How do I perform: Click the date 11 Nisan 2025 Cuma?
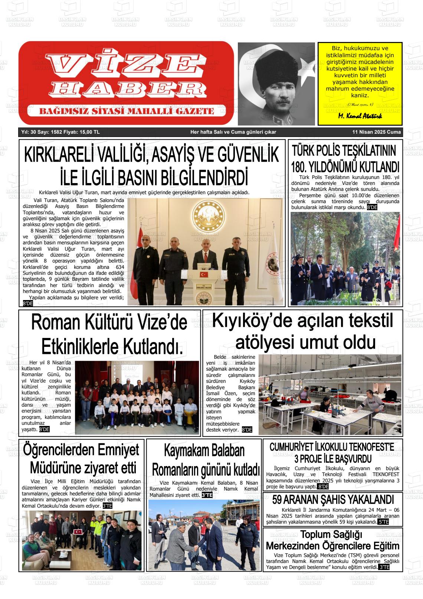pyautogui.click(x=377, y=132)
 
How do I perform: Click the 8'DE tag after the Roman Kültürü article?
pyautogui.click(x=44, y=429)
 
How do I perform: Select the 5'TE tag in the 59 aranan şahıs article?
pyautogui.click(x=383, y=522)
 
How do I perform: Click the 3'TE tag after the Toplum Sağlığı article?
pyautogui.click(x=384, y=567)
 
